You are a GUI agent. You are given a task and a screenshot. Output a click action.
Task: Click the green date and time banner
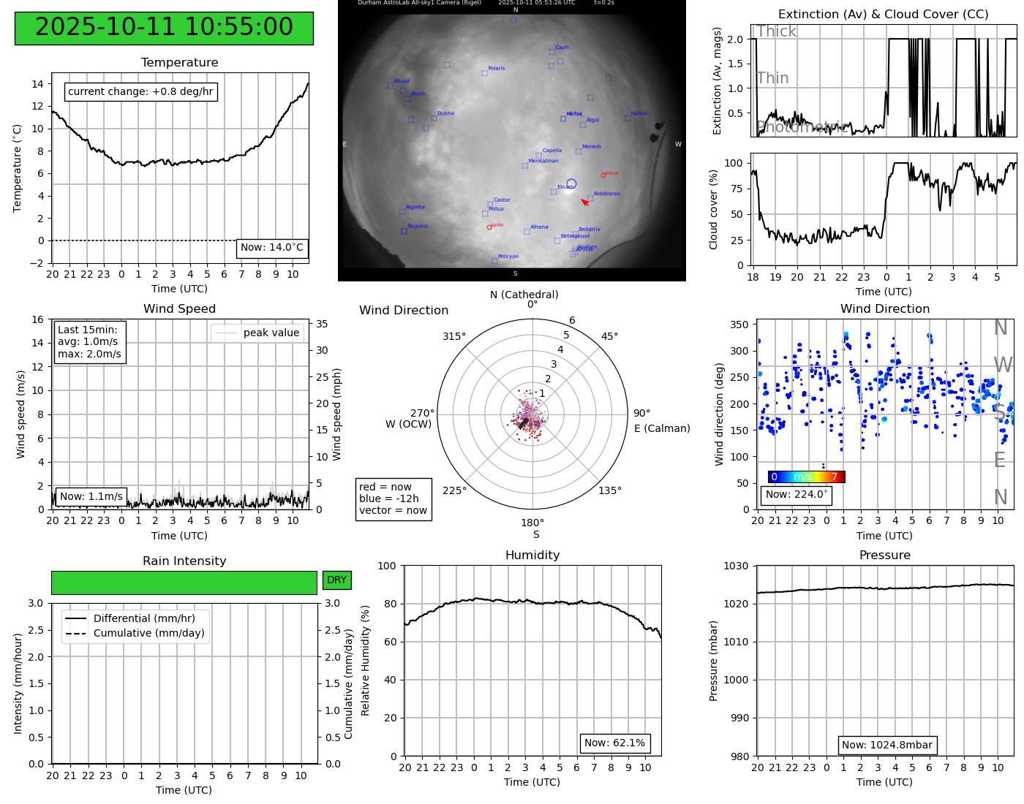(x=164, y=28)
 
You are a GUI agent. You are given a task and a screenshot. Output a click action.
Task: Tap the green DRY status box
(x=336, y=580)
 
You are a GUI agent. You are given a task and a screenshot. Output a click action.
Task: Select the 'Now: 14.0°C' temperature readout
(x=272, y=248)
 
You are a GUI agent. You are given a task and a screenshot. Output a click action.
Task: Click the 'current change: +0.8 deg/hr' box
(x=140, y=91)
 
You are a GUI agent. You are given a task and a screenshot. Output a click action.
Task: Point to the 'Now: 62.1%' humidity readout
(x=614, y=743)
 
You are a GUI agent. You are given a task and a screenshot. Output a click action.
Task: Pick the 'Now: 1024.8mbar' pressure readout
(x=886, y=745)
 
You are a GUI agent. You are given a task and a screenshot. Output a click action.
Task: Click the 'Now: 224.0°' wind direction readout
(x=796, y=495)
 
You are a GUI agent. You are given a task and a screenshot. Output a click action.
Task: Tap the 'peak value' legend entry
(x=271, y=333)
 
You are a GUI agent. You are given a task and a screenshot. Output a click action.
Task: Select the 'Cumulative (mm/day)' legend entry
(x=148, y=634)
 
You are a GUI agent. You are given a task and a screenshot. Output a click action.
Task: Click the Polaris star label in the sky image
(x=497, y=69)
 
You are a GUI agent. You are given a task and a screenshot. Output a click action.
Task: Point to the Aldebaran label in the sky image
(x=606, y=194)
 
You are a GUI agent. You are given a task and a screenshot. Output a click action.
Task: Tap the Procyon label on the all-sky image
(x=508, y=257)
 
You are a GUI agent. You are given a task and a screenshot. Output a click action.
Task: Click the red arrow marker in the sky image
(x=584, y=202)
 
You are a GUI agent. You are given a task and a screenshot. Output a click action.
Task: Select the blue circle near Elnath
(x=571, y=184)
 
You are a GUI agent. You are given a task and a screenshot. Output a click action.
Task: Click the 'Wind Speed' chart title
(x=179, y=308)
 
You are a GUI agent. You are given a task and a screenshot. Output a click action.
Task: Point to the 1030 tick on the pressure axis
(x=736, y=566)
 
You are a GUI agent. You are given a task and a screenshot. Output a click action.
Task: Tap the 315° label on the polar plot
(x=453, y=336)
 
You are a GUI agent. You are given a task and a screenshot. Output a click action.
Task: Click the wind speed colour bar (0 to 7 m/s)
(x=806, y=477)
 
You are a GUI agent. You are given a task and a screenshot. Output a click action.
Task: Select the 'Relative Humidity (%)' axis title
(x=366, y=660)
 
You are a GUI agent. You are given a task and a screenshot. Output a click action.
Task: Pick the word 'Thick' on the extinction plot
(x=776, y=31)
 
